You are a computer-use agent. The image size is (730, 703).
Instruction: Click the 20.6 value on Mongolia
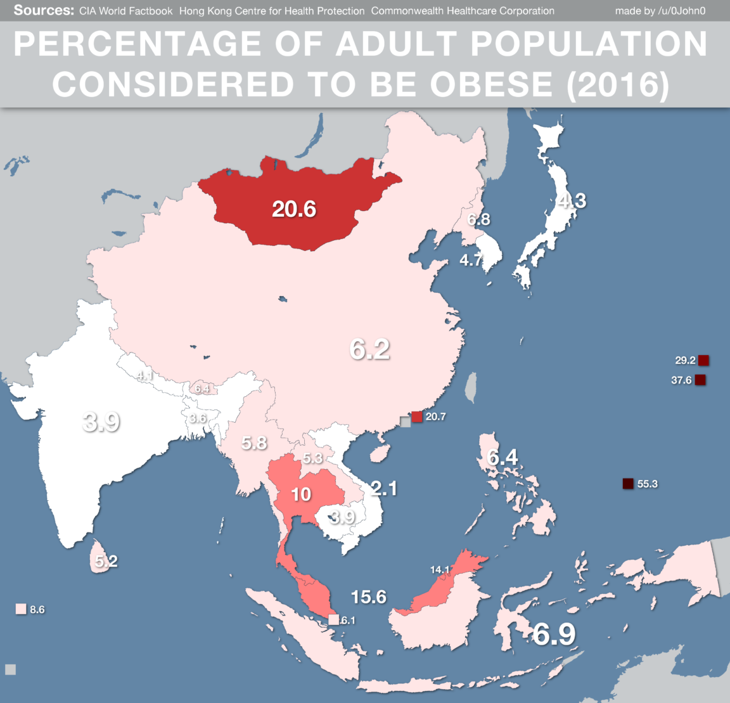point(294,209)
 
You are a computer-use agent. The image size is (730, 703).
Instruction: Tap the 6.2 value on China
point(369,349)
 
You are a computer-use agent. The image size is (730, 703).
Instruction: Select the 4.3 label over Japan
point(572,201)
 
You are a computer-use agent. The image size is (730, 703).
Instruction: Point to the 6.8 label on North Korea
point(478,220)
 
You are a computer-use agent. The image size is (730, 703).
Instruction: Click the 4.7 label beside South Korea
point(471,260)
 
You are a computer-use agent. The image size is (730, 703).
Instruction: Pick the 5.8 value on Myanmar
point(254,442)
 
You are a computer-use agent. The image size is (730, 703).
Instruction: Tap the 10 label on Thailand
point(301,494)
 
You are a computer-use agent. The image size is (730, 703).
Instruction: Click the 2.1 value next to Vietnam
point(384,488)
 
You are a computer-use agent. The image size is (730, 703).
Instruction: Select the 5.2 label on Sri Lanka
point(106,561)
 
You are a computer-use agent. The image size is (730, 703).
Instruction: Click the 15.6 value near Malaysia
point(369,597)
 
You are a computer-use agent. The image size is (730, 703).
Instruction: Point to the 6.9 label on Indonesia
point(554,634)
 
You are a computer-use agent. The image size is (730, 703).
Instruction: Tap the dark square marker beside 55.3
point(628,484)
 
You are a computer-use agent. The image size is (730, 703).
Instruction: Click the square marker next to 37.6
point(700,380)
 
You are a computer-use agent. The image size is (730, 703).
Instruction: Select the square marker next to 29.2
point(703,360)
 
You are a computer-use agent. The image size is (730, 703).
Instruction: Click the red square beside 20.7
point(417,416)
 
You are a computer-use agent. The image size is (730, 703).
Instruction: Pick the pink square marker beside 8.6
point(21,609)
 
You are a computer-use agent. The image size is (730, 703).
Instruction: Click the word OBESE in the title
point(492,85)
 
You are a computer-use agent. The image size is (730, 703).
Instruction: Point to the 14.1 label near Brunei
point(440,569)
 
